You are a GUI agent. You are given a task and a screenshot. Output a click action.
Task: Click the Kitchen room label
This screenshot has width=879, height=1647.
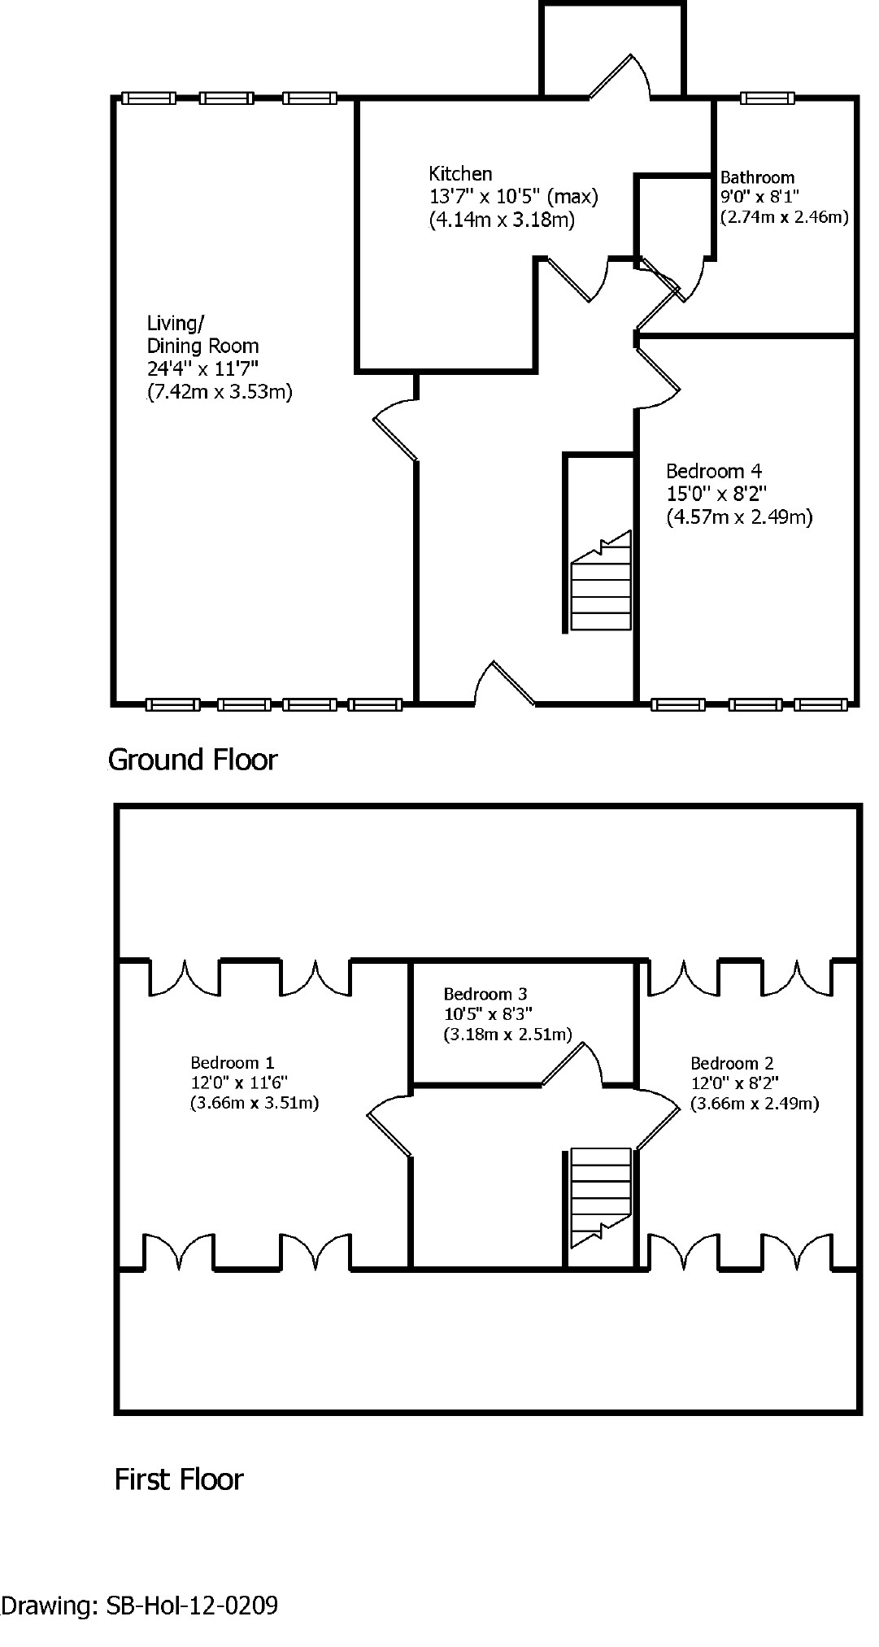coord(460,174)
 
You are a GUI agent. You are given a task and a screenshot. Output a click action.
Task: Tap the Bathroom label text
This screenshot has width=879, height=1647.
coord(757,177)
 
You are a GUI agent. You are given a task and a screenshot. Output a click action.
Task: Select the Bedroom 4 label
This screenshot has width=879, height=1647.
coord(714,471)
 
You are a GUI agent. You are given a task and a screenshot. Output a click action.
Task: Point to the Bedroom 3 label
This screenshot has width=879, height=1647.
coord(485,994)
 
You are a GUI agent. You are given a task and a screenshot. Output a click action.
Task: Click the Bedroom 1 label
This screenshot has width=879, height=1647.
coord(233,1062)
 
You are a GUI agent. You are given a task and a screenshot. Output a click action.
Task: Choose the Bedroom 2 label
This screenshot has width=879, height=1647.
coord(732,1063)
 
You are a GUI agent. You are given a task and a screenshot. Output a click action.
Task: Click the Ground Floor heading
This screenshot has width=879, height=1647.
coord(193,760)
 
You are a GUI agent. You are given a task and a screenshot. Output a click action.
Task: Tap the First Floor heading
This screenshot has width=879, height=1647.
coord(179,1479)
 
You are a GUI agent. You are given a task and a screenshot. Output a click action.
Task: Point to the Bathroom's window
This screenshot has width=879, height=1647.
coord(767,98)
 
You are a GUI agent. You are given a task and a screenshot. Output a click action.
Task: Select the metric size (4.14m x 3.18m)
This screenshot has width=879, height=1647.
coord(502,220)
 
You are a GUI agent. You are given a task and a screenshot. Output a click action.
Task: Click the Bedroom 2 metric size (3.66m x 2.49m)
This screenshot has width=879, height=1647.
coord(755,1104)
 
